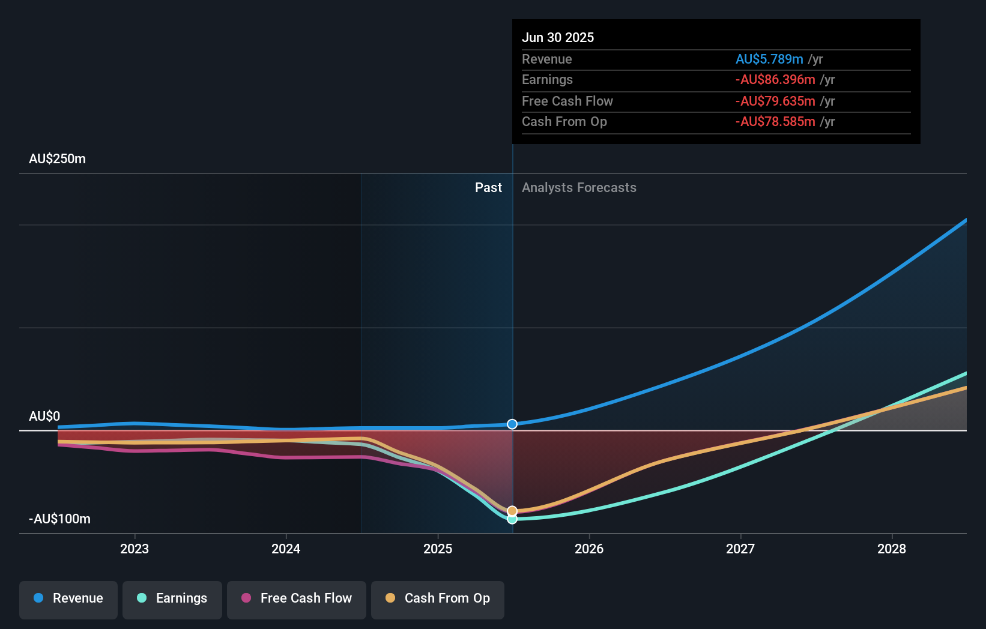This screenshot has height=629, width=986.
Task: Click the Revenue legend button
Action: [68, 598]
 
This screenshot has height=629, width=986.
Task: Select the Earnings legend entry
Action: [172, 598]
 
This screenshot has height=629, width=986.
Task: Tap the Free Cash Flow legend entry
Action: [297, 598]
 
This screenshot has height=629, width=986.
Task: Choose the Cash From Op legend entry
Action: [438, 598]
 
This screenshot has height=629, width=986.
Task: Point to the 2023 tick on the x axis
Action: [135, 549]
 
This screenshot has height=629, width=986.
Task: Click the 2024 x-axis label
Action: [286, 549]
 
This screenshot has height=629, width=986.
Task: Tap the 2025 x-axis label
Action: [438, 549]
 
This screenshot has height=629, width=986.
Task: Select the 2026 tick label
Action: [589, 549]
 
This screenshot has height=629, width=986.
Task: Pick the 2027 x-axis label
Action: [740, 549]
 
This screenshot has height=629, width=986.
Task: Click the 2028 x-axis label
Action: [892, 549]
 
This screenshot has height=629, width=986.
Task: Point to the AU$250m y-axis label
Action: [57, 159]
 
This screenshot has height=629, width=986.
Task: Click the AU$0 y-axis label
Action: [44, 417]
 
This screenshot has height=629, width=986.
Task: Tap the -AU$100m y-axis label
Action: [59, 519]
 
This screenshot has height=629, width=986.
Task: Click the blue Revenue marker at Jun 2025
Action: [512, 424]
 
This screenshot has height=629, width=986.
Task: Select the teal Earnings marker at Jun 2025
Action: [512, 519]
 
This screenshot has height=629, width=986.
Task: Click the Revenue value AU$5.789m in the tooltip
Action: [769, 59]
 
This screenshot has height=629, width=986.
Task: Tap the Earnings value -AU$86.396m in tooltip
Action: [775, 80]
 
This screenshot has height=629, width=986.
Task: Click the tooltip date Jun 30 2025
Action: [558, 38]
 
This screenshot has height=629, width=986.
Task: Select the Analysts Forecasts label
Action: [579, 188]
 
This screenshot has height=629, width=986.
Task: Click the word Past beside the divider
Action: [488, 188]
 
